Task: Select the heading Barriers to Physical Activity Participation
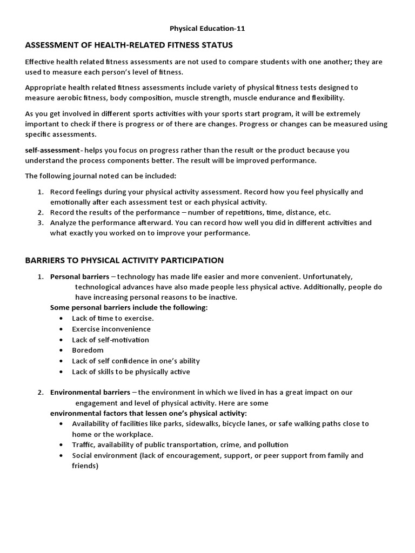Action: (x=124, y=260)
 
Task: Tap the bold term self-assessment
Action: (x=52, y=150)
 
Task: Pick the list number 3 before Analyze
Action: (x=41, y=222)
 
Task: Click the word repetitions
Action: (x=229, y=212)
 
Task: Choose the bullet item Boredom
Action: (x=88, y=350)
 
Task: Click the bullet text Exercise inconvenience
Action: (x=111, y=329)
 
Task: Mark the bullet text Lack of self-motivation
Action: (x=110, y=340)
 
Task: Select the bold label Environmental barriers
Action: (x=90, y=392)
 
